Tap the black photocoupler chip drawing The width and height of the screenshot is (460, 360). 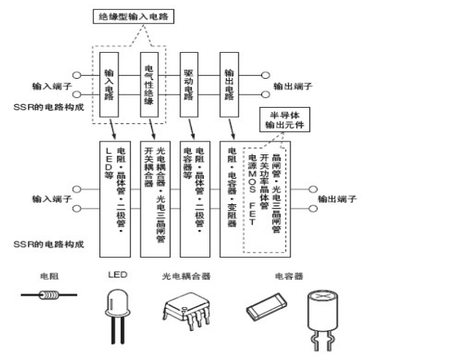click(186, 307)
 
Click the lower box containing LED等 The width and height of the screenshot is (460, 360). click(116, 197)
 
